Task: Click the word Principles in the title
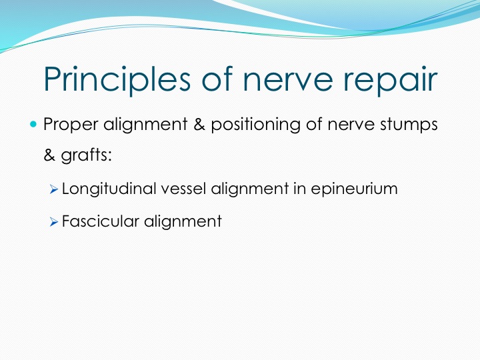coord(117,79)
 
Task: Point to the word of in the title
coord(217,78)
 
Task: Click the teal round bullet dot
coord(33,124)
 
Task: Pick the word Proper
coord(71,125)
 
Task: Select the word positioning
coord(255,125)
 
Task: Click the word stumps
coord(409,125)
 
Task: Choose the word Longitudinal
coord(109,189)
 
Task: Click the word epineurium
coord(354,189)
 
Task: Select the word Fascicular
coord(101,221)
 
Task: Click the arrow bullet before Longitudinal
coord(53,189)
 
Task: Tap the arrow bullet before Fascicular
coord(53,222)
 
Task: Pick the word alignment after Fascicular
coord(183,221)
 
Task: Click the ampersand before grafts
coord(49,155)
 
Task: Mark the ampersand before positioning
coord(199,125)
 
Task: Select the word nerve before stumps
coord(351,126)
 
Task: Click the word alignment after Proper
coord(145,125)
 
